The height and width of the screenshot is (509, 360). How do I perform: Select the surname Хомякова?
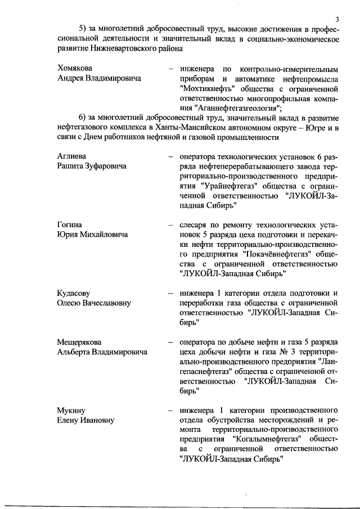point(76,68)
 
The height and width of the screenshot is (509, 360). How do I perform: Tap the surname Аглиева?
point(71,155)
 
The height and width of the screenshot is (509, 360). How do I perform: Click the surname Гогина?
point(70,224)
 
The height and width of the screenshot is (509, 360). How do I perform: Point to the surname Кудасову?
point(74,293)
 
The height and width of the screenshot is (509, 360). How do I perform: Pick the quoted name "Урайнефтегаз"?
point(228,185)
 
